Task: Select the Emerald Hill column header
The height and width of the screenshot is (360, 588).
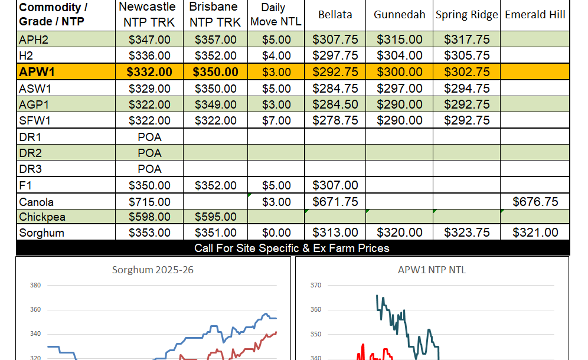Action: [x=535, y=15]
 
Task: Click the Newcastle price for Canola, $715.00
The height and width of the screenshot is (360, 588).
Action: [x=149, y=202]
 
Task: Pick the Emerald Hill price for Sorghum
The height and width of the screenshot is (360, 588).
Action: [x=535, y=233]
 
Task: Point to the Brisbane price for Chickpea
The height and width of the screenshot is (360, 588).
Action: [x=215, y=217]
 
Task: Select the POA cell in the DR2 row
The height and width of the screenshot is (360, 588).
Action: [x=149, y=153]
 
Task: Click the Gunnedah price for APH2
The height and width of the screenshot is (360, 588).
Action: [x=399, y=40]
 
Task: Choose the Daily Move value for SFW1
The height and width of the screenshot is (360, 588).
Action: [x=276, y=120]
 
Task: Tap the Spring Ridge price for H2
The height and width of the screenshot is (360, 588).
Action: [x=466, y=56]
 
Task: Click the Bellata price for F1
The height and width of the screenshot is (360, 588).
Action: [x=335, y=185]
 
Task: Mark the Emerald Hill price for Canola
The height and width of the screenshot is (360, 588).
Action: [x=535, y=202]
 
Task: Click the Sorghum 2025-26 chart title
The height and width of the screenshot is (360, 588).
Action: [x=153, y=270]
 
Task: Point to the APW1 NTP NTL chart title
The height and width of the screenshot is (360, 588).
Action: [x=432, y=270]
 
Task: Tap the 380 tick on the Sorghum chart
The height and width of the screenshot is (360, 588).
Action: [x=35, y=286]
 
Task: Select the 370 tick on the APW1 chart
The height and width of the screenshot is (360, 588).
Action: [x=315, y=286]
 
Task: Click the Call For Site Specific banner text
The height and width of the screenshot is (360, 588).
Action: [x=292, y=248]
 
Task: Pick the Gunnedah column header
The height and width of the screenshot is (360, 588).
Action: [x=399, y=15]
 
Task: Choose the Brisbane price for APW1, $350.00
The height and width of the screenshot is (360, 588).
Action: [x=215, y=72]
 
